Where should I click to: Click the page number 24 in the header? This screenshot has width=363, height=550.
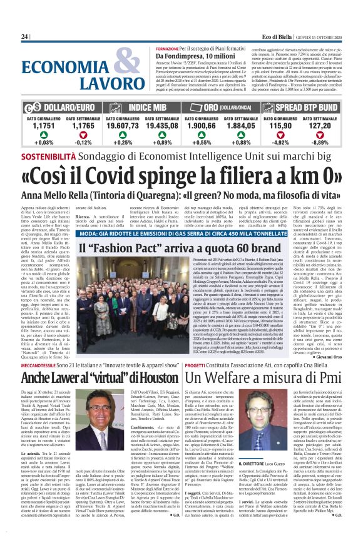(x=25, y=37)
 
